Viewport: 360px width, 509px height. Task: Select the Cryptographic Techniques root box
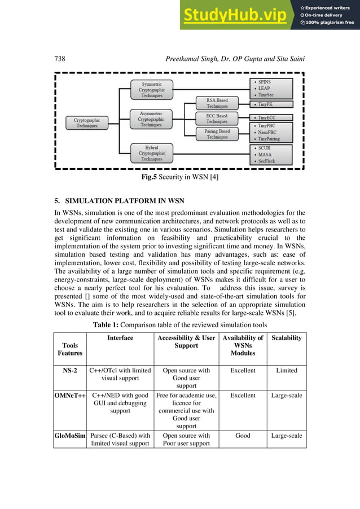coord(87,122)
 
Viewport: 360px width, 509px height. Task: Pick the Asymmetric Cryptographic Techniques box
coord(151,119)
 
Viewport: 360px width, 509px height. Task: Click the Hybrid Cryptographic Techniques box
coord(151,153)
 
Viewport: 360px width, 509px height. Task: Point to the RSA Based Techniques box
coord(217,103)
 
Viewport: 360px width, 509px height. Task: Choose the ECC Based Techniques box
coord(217,119)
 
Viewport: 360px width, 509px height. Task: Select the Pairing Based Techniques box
coord(217,134)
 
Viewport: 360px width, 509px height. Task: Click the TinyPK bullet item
coord(271,104)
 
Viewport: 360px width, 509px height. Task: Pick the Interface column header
coord(120,338)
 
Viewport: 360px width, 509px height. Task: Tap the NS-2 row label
coord(70,371)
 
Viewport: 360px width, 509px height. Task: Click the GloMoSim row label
coord(70,436)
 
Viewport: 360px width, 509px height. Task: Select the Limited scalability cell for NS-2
coord(286,371)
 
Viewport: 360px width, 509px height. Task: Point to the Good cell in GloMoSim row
coord(243,436)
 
